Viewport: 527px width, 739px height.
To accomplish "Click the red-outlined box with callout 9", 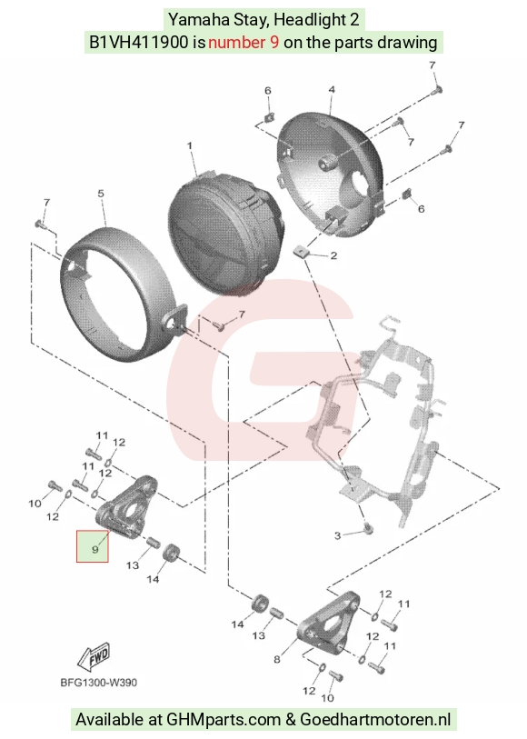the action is coord(93,546).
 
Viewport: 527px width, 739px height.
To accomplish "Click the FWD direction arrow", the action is coord(94,656).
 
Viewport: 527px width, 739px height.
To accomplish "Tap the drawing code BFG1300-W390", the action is coord(98,683).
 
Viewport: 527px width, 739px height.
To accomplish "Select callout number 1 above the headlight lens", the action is coord(190,145).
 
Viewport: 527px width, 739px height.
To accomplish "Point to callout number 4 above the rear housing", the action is coord(332,89).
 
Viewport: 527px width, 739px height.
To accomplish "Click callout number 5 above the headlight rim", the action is coord(101,194).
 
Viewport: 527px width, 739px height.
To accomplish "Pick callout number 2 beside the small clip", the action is coord(333,255).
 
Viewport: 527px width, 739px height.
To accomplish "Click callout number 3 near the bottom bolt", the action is coord(337,535).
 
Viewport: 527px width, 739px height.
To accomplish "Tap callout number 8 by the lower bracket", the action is coord(277,659).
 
